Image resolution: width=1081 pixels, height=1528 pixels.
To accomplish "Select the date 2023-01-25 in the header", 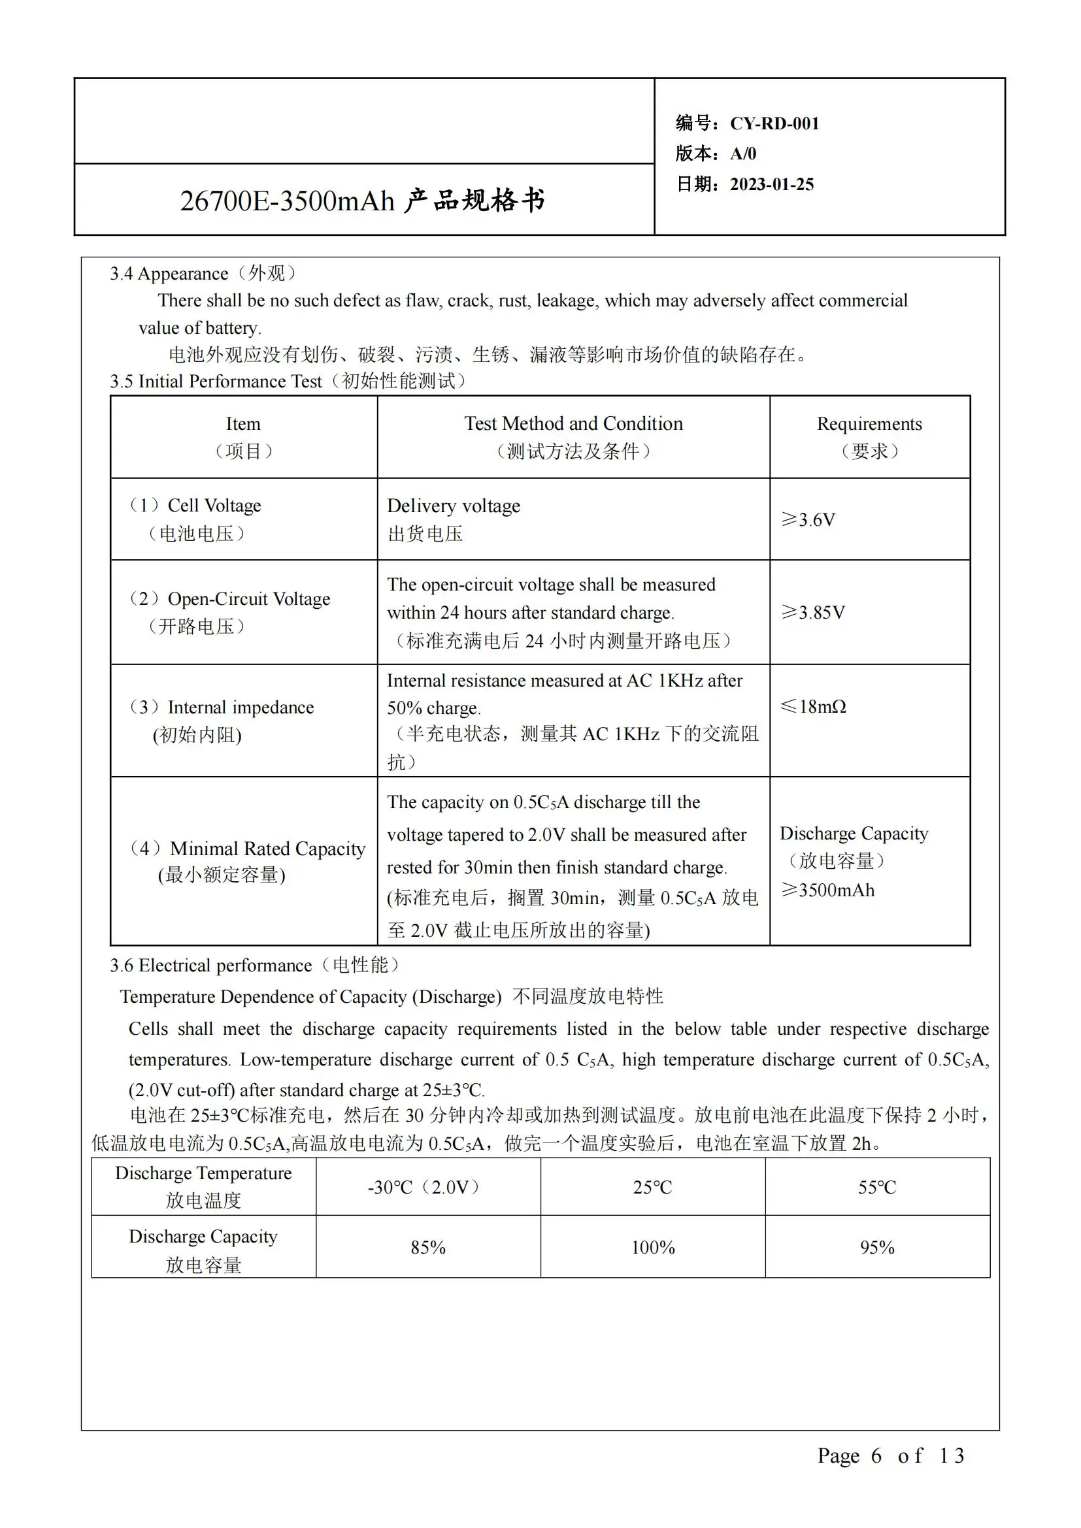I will [771, 184].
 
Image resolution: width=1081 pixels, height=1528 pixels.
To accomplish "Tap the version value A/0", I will [743, 154].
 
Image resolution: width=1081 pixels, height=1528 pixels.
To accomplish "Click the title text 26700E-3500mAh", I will [288, 201].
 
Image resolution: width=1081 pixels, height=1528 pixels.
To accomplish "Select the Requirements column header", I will [869, 424].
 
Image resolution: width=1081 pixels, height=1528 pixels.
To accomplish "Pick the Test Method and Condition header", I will [573, 424].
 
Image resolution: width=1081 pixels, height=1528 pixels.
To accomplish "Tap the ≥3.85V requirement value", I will [813, 612].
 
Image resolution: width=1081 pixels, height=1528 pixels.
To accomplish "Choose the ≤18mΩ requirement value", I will [814, 706].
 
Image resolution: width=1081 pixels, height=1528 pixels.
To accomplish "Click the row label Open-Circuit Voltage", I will [248, 599].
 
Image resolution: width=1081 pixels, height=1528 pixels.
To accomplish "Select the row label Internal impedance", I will [241, 707].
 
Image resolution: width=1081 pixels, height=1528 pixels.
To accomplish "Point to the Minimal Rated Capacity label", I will [267, 849].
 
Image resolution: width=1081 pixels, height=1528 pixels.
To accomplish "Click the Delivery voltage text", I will [454, 506].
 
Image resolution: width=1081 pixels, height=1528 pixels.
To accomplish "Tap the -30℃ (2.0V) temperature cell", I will [427, 1187].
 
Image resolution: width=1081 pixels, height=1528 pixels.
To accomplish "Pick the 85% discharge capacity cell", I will [427, 1247].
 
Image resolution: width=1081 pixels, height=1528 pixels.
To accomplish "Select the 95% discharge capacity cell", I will [876, 1247].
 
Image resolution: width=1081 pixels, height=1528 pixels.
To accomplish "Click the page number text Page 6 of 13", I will [891, 1455].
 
